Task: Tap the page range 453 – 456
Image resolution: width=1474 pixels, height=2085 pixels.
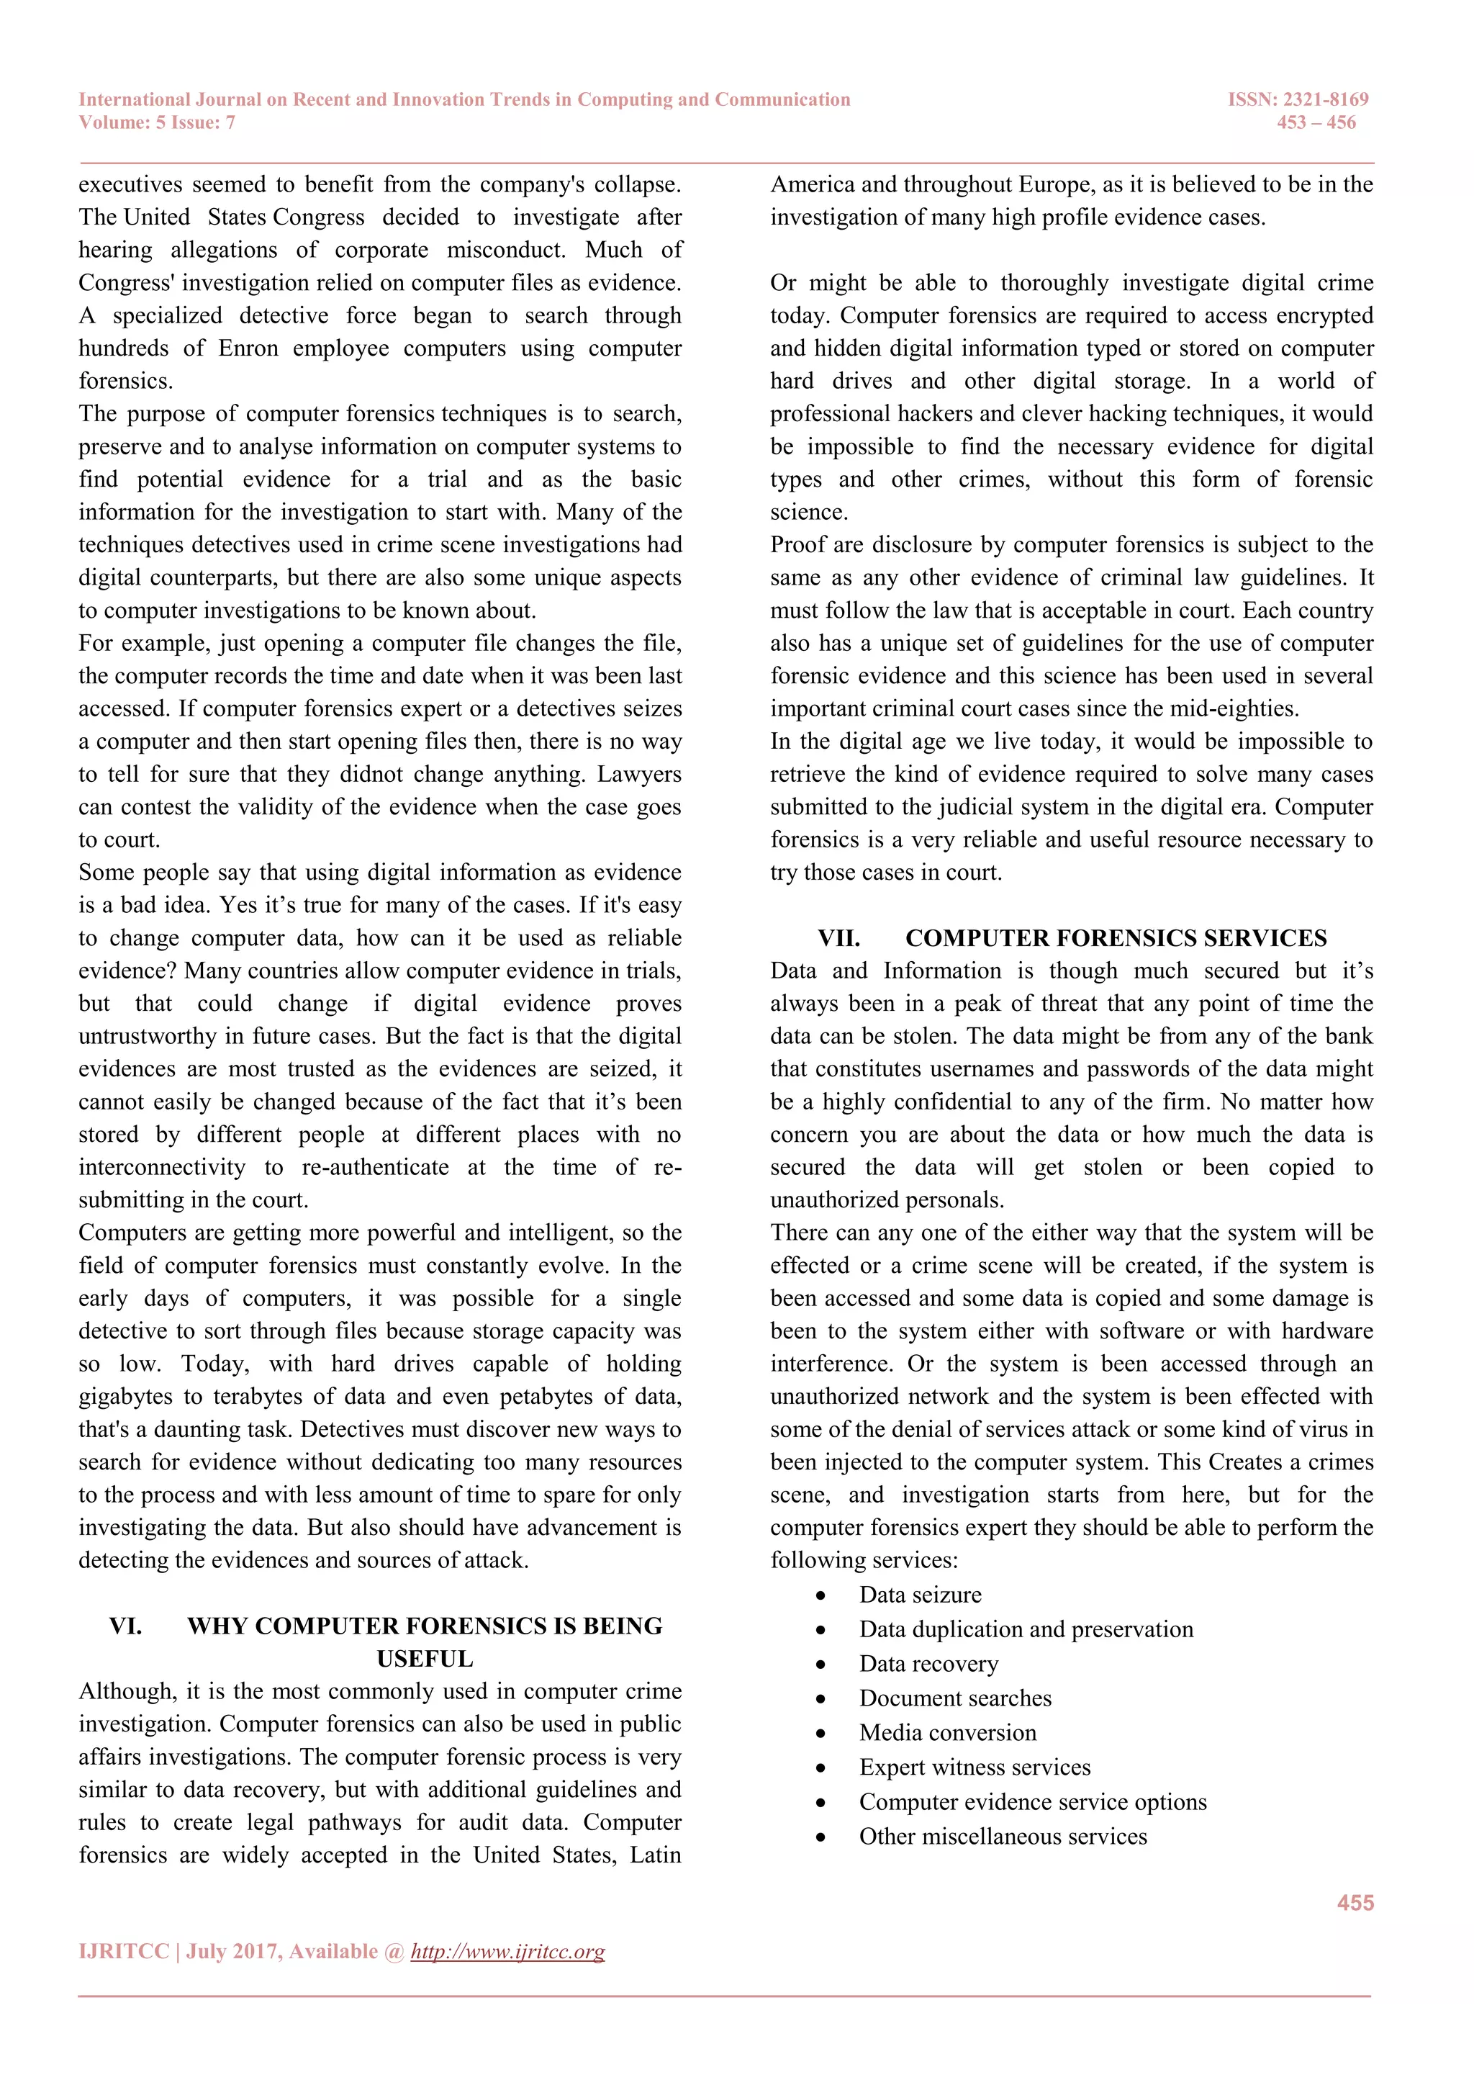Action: [x=1316, y=122]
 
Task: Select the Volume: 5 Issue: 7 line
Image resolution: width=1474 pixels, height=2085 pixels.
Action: [x=157, y=122]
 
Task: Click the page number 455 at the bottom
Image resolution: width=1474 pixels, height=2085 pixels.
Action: [x=1355, y=1902]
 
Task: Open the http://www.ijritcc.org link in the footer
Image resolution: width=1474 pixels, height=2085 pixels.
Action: [x=507, y=1952]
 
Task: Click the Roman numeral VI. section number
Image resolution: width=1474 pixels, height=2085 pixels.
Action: [x=125, y=1626]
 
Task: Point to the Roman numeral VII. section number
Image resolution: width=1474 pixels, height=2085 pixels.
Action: [x=838, y=938]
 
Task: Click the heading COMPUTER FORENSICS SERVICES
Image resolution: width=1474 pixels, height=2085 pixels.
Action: [x=1116, y=938]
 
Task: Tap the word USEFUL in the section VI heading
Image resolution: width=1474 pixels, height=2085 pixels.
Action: [x=425, y=1658]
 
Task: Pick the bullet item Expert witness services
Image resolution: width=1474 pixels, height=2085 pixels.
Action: [x=974, y=1767]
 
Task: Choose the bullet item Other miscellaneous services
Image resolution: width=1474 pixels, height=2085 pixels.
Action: [x=1002, y=1836]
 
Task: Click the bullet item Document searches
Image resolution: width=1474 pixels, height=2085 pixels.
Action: [x=955, y=1698]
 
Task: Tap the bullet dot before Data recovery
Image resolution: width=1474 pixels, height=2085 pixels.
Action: [x=820, y=1665]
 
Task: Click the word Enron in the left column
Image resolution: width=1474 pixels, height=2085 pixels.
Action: [x=248, y=348]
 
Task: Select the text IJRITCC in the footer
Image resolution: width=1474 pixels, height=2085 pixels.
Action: [x=124, y=1952]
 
